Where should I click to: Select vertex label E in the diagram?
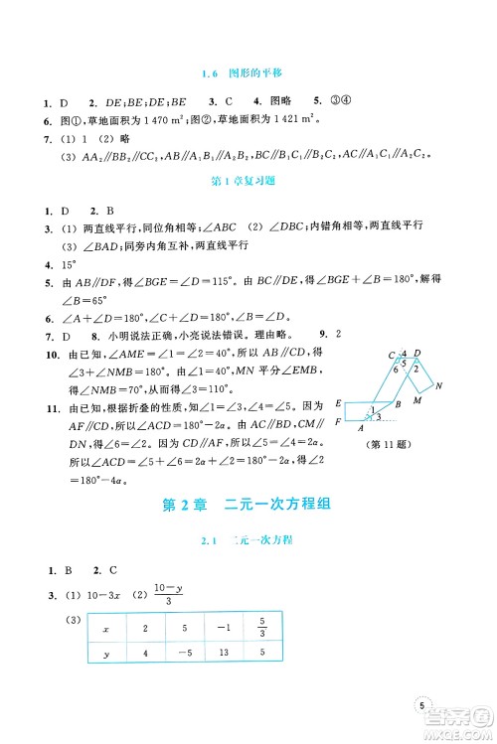click(x=340, y=402)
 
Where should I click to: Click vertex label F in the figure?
click(x=340, y=423)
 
